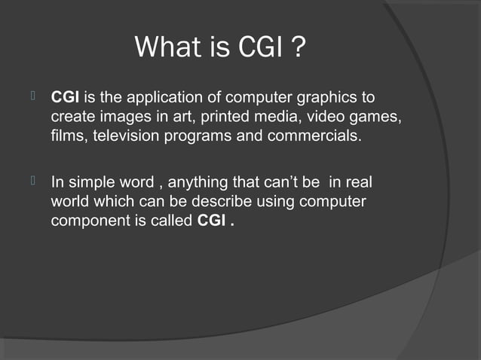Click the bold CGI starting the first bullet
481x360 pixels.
66,98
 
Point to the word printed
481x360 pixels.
216,118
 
